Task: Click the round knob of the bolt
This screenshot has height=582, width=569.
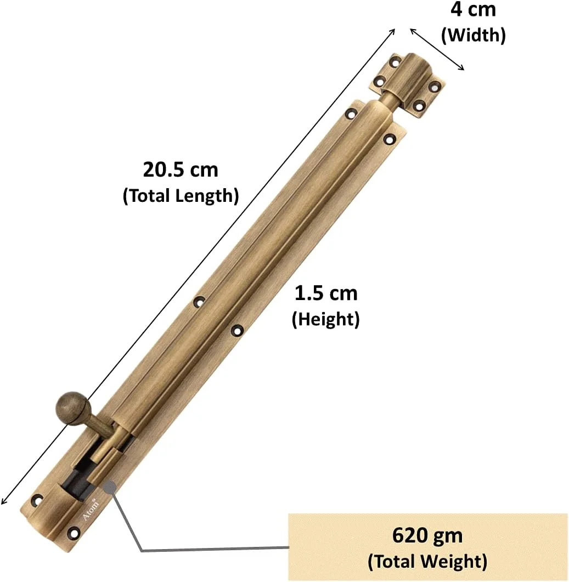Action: pyautogui.click(x=72, y=408)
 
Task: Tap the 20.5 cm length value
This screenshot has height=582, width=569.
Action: pyautogui.click(x=181, y=169)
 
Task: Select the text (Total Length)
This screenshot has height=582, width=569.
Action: pyautogui.click(x=181, y=195)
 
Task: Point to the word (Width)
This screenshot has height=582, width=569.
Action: pyautogui.click(x=473, y=35)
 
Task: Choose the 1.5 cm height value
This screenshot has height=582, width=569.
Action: pyautogui.click(x=326, y=293)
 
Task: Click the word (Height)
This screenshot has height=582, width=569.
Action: pyautogui.click(x=326, y=319)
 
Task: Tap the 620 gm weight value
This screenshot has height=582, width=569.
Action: pyautogui.click(x=427, y=535)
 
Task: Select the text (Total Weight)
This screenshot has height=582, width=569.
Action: pyautogui.click(x=427, y=561)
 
